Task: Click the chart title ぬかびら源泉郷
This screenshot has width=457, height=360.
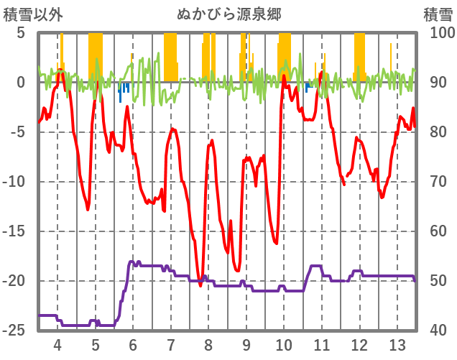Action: point(229,14)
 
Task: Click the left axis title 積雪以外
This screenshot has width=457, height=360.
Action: point(33,14)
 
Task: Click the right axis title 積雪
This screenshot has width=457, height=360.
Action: point(437,14)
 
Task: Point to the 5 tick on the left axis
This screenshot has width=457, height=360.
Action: point(21,33)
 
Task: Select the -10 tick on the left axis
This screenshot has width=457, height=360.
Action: point(15,182)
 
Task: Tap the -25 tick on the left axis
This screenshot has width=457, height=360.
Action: point(15,331)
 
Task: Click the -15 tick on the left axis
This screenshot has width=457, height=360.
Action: point(15,231)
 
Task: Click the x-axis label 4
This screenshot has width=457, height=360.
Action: point(57,344)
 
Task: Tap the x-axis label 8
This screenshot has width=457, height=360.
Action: point(208,344)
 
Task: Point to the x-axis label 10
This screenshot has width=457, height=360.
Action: point(284,344)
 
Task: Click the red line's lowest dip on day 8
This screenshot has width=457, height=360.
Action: point(200,285)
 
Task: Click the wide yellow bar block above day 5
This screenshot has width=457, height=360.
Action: point(96,57)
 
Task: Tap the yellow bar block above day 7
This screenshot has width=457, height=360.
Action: point(170,57)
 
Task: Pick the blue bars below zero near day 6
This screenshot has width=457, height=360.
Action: point(124,89)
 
